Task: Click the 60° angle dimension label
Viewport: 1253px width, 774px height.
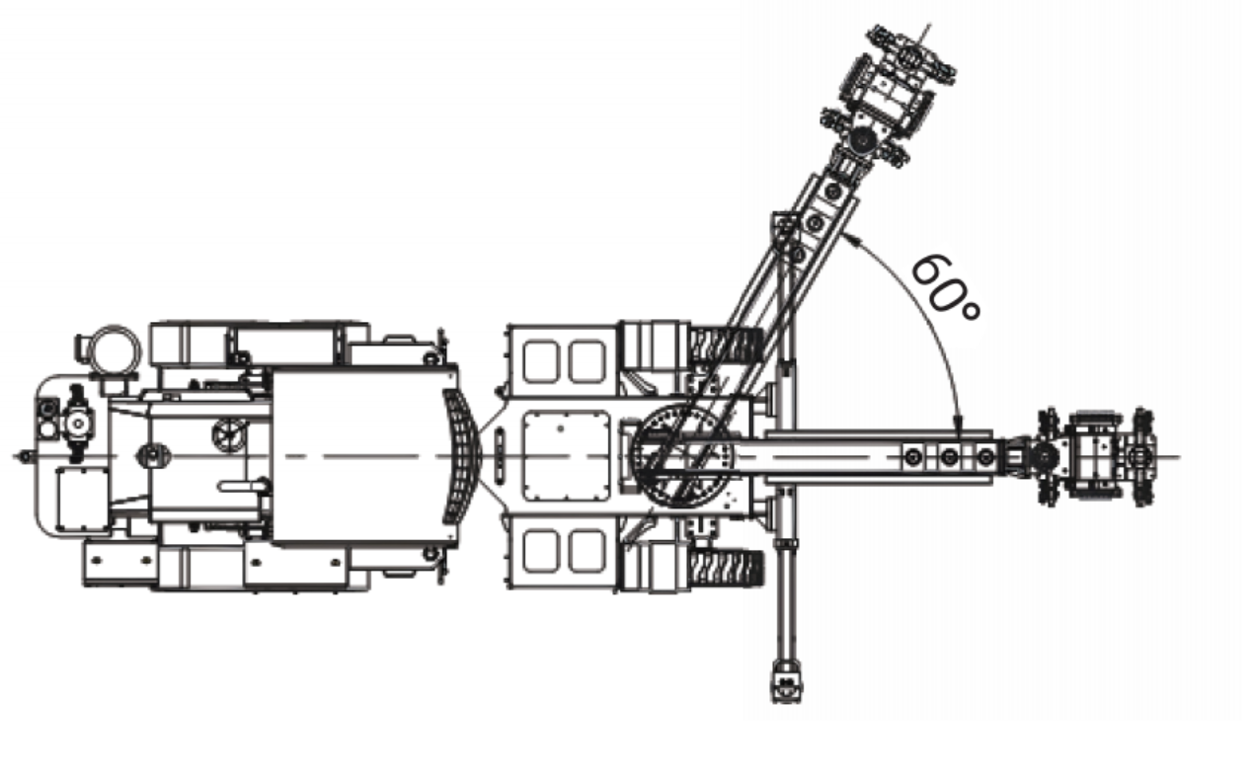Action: [944, 287]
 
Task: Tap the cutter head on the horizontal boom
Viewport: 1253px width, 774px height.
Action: [1096, 457]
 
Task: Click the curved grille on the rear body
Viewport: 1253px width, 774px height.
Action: [462, 456]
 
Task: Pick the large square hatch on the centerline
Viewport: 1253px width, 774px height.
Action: [566, 455]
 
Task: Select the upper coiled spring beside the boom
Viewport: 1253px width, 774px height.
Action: [726, 345]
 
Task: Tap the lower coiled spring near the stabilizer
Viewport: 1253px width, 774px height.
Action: [726, 569]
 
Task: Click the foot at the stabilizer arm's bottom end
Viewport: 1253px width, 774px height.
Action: [787, 681]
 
